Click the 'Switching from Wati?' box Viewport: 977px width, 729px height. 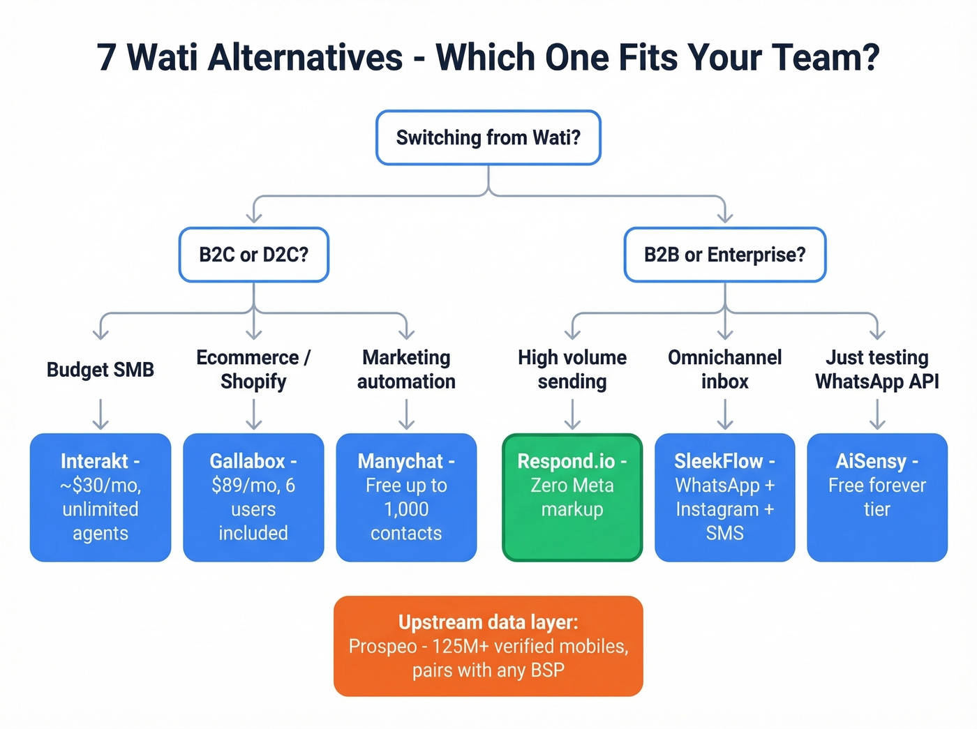click(488, 137)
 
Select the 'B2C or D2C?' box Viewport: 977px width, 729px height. click(253, 255)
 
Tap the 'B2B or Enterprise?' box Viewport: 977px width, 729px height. click(724, 255)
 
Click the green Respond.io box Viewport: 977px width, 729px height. click(572, 497)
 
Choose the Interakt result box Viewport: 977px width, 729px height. click(100, 497)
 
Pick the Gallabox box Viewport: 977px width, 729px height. click(253, 497)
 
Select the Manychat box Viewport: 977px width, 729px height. click(406, 497)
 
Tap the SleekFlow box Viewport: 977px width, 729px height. click(724, 497)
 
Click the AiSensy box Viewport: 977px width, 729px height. click(877, 497)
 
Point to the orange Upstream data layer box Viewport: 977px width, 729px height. click(488, 646)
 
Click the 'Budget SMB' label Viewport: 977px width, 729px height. click(100, 370)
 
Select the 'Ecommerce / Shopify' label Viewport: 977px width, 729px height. click(253, 370)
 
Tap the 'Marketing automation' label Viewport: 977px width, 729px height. click(406, 370)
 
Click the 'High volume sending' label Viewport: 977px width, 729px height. click(572, 370)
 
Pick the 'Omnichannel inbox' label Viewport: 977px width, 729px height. click(724, 370)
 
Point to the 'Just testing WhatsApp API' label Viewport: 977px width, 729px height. click(877, 370)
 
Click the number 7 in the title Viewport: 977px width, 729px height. click(106, 57)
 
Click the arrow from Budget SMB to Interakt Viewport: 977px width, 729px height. click(100, 414)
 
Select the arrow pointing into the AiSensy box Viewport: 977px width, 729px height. click(877, 414)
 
